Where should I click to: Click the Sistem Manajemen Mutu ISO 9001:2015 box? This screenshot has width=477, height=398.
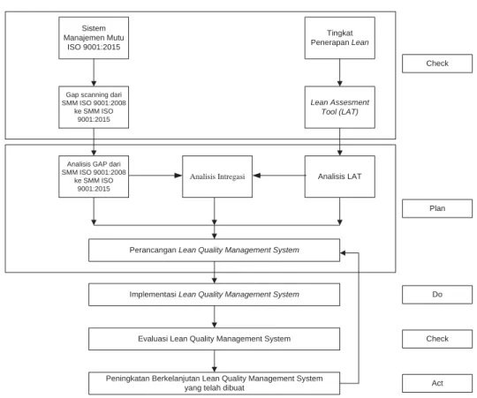tap(94, 38)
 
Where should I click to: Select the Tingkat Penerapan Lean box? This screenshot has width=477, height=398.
tap(340, 38)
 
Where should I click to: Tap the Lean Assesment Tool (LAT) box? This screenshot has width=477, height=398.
tap(340, 108)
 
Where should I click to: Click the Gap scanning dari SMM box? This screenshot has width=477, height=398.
tap(94, 108)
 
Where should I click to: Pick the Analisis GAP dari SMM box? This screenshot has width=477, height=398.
tap(94, 176)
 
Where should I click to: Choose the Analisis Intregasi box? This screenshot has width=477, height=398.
tap(217, 176)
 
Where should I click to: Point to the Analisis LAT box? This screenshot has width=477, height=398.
tap(340, 176)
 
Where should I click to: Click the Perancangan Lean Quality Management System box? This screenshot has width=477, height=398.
tap(214, 250)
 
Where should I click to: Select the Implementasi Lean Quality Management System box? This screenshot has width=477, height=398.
tap(214, 295)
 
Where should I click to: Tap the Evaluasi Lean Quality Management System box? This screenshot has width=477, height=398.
tap(214, 339)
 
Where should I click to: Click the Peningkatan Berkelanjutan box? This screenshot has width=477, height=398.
tap(214, 383)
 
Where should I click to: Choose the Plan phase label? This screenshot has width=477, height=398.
tap(437, 208)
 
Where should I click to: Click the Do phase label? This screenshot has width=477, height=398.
tap(437, 295)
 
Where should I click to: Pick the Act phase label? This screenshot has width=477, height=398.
tap(437, 383)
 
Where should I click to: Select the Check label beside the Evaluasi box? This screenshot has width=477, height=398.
tap(437, 339)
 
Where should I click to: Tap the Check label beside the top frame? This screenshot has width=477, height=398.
tap(437, 64)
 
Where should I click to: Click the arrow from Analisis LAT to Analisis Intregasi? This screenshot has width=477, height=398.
tap(279, 176)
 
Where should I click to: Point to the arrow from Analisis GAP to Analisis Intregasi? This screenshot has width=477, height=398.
tap(155, 176)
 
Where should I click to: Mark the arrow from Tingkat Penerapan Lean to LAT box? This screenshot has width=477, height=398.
tap(340, 72)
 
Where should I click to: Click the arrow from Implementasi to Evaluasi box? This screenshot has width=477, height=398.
tap(214, 317)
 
